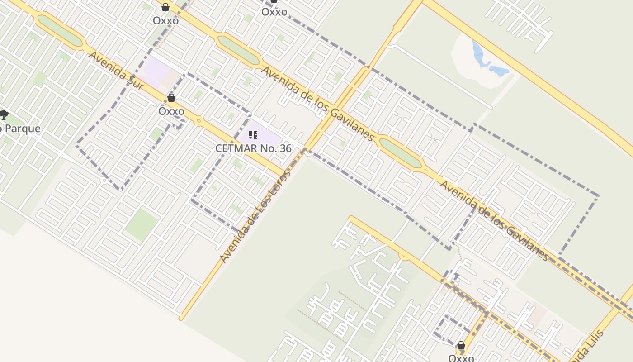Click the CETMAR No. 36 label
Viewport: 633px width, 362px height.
253,148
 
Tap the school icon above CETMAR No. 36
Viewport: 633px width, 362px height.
253,135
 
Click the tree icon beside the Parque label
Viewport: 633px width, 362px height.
4,115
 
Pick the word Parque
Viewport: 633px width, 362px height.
23,129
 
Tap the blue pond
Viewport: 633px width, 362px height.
486,61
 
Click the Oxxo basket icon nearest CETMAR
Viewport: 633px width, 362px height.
171,98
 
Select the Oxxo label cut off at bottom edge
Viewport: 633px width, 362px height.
461,358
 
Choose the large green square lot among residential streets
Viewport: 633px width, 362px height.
142,224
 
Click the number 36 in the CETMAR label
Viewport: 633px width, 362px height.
285,148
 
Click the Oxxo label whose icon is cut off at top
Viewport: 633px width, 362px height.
274,12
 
